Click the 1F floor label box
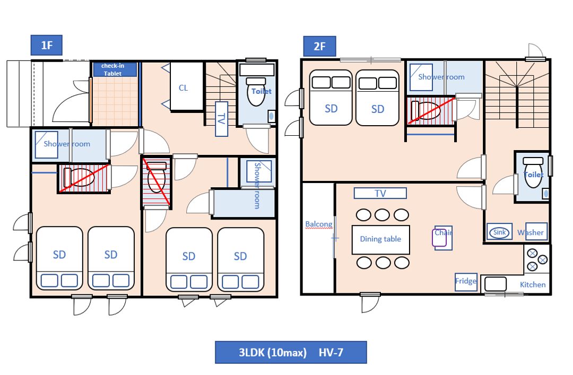point(46,45)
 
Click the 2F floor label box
point(319,47)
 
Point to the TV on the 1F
point(221,119)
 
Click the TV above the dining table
point(380,193)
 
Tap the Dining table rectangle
point(380,239)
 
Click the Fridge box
point(466,282)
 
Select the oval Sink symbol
point(500,232)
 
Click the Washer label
point(530,232)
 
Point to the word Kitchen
point(533,284)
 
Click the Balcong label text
point(319,224)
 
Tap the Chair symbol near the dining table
point(442,238)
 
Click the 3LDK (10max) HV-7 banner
point(291,352)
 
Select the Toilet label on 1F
point(261,91)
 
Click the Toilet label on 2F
point(534,175)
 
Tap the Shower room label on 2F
point(441,77)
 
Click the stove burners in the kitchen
point(537,259)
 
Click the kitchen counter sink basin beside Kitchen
point(496,284)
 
